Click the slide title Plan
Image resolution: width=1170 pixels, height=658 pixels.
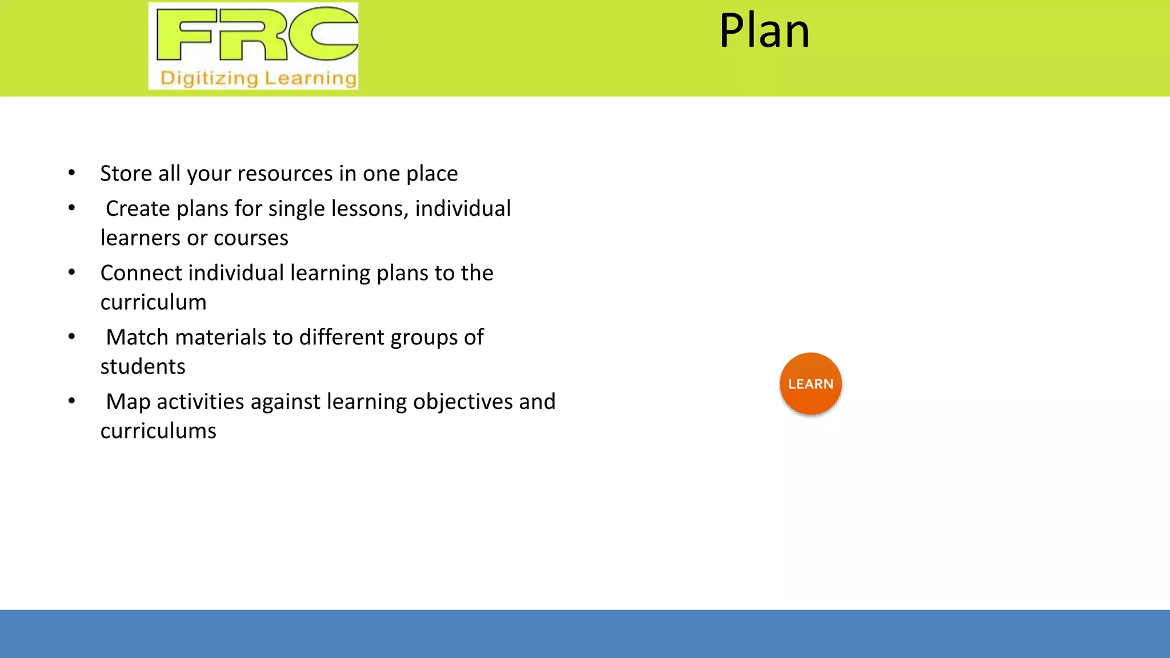click(764, 31)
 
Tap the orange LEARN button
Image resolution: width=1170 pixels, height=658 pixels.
click(810, 384)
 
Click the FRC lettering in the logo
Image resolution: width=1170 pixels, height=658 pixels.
click(257, 34)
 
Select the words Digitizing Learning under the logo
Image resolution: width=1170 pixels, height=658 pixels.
click(258, 78)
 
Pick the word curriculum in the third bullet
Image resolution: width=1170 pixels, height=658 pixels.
click(153, 302)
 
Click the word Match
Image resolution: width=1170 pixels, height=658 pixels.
click(137, 338)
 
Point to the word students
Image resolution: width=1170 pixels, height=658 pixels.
click(143, 367)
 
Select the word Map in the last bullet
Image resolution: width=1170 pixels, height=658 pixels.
click(128, 402)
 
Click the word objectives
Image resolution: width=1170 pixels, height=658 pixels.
click(463, 402)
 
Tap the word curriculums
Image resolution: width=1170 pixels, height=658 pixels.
click(158, 431)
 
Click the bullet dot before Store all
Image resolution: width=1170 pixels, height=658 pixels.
click(71, 172)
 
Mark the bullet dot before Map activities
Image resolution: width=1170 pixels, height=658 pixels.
click(71, 401)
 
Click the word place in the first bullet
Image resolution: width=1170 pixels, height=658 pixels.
click(432, 174)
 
